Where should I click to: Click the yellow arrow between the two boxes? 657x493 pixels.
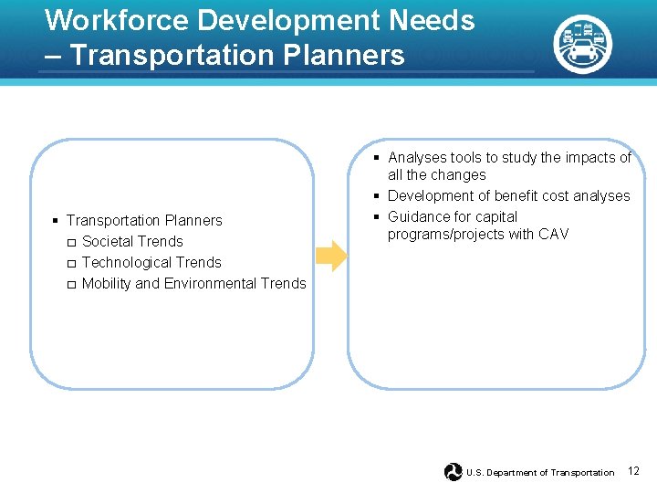tap(333, 256)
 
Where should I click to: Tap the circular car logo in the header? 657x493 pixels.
tap(582, 43)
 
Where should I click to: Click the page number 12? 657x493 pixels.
tap(634, 471)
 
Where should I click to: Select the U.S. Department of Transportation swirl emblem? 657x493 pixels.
tap(454, 472)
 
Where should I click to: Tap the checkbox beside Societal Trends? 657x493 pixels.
tap(71, 243)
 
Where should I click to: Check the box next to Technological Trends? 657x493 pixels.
tap(71, 264)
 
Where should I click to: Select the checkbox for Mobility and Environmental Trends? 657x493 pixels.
tap(71, 285)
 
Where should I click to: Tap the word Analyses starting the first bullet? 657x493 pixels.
tap(417, 158)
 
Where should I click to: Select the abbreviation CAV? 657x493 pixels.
tap(553, 235)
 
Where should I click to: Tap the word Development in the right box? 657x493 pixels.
tap(429, 196)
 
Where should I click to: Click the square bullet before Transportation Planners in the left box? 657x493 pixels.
tap(56, 221)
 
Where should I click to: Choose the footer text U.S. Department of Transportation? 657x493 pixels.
tap(540, 473)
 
